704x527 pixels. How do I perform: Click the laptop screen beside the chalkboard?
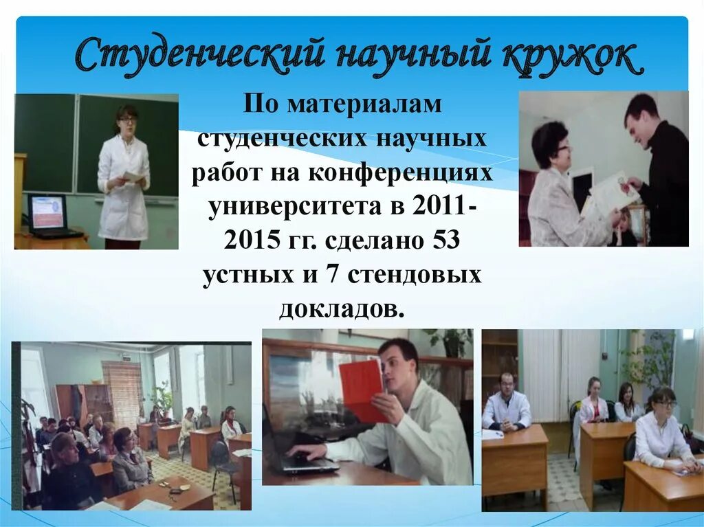[47, 212]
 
